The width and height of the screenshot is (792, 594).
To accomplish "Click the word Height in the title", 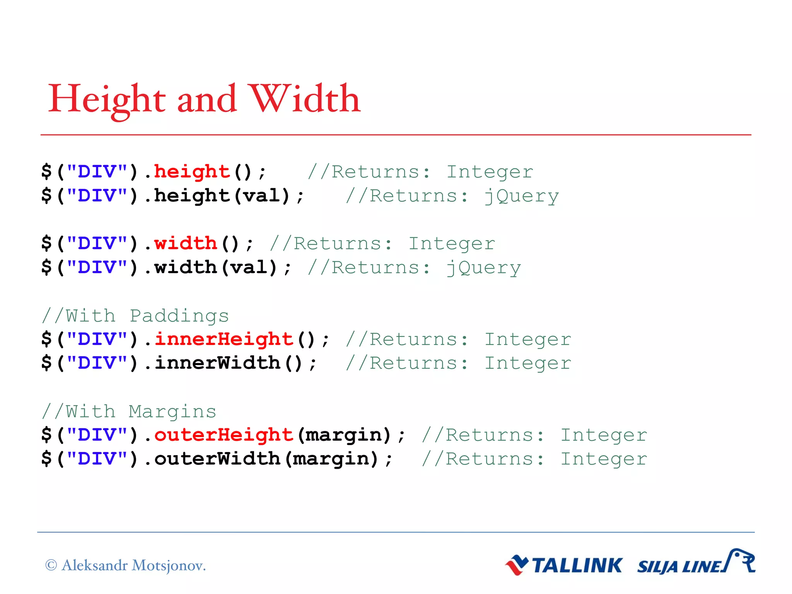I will point(107,100).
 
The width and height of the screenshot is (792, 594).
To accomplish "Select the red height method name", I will point(192,172).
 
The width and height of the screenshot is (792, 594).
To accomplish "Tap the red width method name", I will point(186,244).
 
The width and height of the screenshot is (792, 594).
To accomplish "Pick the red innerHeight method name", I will point(224,340).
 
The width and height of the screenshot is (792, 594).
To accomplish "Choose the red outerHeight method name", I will point(224,435).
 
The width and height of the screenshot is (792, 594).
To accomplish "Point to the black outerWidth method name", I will point(217,459).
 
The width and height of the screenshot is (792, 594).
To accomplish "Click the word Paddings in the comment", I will point(179,316).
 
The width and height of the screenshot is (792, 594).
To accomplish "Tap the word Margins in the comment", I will point(172,412).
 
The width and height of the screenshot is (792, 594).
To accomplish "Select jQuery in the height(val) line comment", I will point(521,196).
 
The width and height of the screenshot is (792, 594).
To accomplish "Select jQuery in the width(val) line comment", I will point(483,268).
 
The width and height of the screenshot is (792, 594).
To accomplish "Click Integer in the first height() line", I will point(490,172).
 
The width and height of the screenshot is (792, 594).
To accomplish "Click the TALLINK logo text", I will point(577,566).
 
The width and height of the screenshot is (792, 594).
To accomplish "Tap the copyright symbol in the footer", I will point(51,565).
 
